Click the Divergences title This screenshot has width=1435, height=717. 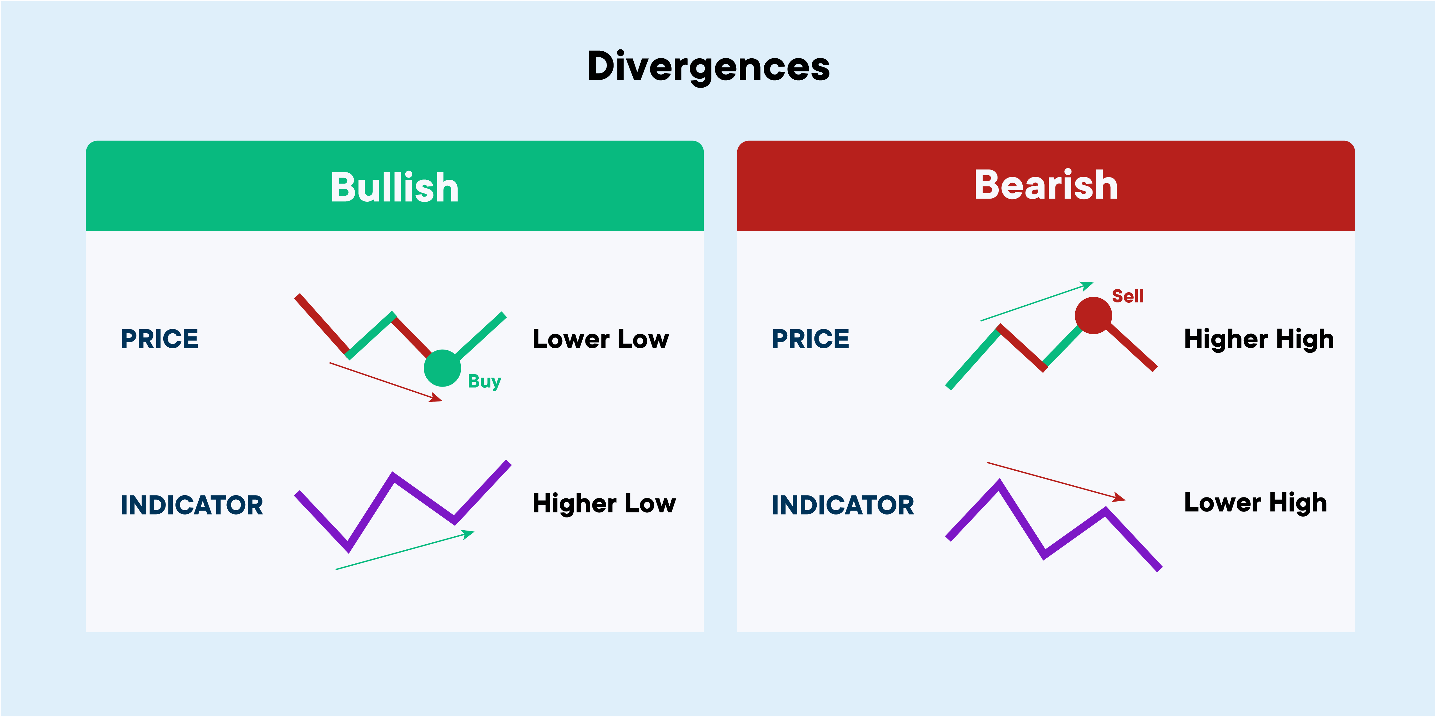coord(709,67)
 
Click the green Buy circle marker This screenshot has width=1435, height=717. coord(442,368)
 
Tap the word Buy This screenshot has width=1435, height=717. coord(484,382)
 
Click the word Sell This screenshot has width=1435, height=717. coord(1128,296)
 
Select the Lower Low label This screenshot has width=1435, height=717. coord(600,339)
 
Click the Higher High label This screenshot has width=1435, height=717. coord(1259,339)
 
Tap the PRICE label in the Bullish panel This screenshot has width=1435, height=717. coord(159,339)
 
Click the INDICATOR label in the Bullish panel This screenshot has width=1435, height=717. coord(192,505)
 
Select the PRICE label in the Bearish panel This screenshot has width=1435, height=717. coord(811,339)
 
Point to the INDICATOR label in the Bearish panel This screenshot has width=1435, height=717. coord(843,505)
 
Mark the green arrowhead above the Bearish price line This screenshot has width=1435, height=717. coord(1086,286)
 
